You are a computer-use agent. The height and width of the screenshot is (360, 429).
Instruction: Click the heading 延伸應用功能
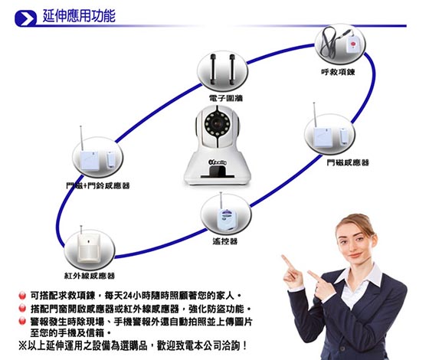[79, 15]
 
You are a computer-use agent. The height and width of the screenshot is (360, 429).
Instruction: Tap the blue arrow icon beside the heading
[25, 18]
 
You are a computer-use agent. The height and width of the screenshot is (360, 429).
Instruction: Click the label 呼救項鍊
[338, 72]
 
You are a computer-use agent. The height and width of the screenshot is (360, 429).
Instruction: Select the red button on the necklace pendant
[352, 43]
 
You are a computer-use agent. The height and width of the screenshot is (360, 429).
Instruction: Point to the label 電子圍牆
[225, 98]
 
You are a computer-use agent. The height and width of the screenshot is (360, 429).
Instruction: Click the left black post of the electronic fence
[214, 70]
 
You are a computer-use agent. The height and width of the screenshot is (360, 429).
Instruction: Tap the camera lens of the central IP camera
[218, 123]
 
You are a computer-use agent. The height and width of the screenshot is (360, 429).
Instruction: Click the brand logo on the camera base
[218, 162]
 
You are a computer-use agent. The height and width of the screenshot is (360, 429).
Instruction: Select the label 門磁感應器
[348, 162]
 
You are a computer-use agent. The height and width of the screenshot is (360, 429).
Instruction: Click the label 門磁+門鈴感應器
[98, 185]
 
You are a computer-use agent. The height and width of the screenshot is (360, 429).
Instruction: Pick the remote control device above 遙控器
[226, 218]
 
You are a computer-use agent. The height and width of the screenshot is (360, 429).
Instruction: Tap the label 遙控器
[225, 241]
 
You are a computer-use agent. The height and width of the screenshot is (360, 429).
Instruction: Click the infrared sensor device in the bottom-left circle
[88, 247]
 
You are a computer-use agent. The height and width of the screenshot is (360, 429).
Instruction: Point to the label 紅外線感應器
[90, 276]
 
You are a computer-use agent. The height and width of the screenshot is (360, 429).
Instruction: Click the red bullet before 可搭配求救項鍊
[22, 296]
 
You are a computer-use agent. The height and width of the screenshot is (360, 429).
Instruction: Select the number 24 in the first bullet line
[128, 296]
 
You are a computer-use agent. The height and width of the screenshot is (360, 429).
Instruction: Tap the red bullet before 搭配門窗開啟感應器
[22, 308]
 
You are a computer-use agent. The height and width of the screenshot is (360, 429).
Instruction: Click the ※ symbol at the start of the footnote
[22, 345]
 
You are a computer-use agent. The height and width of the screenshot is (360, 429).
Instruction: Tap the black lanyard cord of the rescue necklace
[328, 43]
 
